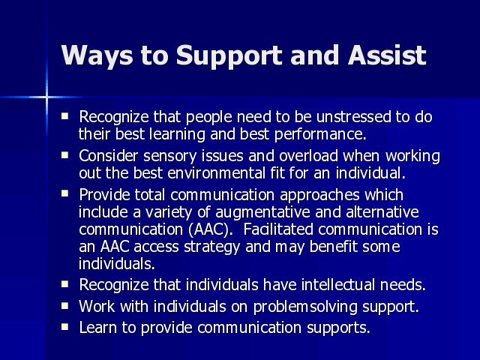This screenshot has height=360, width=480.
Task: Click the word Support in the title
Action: click(229, 55)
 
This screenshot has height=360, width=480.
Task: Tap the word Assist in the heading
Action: click(387, 55)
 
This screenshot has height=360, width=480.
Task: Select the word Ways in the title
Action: click(97, 55)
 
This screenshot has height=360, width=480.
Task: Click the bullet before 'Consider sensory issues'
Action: click(65, 155)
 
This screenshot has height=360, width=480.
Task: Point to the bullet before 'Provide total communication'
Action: click(65, 193)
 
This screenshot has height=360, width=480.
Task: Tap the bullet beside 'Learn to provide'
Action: click(65, 326)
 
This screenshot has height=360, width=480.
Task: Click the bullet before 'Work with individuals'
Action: click(65, 305)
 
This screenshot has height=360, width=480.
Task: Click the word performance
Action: click(320, 135)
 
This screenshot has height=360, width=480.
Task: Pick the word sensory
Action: click(170, 156)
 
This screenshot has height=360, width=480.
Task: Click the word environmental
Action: click(217, 173)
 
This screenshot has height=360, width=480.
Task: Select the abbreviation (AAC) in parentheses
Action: click(211, 229)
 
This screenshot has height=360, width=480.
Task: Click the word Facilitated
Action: click(278, 229)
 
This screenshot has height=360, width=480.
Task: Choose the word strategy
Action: click(211, 247)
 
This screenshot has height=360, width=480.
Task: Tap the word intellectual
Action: click(338, 285)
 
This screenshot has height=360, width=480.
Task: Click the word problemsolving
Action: click(305, 307)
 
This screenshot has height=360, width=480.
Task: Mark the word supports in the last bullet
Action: click(338, 328)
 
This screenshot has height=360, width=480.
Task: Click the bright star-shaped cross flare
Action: click(46, 97)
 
